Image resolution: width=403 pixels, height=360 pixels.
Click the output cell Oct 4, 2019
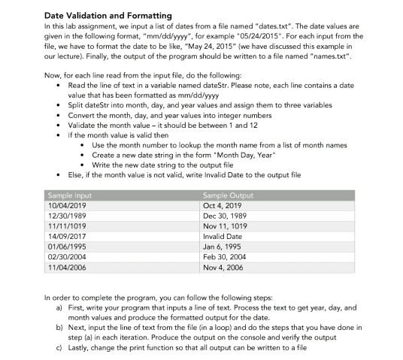coord(223,204)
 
